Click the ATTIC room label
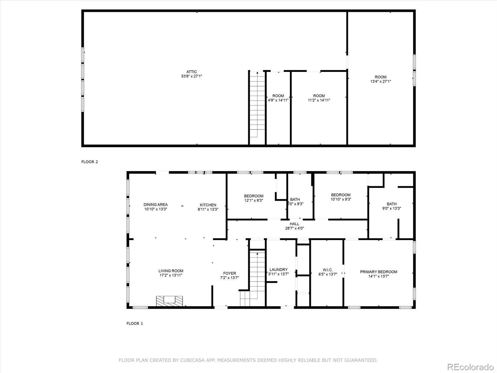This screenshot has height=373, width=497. click(192, 72)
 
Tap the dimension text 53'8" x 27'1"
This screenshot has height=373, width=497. click(192, 76)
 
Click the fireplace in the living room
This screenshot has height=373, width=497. click(170, 301)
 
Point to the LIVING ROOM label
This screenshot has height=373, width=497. click(171, 271)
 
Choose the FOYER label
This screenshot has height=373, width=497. click(230, 273)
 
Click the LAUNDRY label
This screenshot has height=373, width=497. click(278, 269)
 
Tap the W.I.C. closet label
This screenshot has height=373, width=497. click(328, 270)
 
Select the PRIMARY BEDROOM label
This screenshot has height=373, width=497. click(378, 272)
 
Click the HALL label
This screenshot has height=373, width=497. click(294, 224)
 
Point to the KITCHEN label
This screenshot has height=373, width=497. click(208, 205)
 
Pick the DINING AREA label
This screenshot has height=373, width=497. click(155, 205)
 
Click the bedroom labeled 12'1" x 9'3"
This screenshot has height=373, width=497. click(253, 198)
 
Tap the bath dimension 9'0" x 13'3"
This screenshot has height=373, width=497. click(391, 209)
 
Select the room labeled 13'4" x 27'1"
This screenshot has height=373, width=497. click(380, 79)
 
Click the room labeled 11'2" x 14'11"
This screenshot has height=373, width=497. click(319, 98)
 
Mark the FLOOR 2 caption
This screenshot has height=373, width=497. click(89, 162)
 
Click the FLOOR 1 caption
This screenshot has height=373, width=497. click(135, 323)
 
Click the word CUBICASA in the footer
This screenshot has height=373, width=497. click(185, 360)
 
